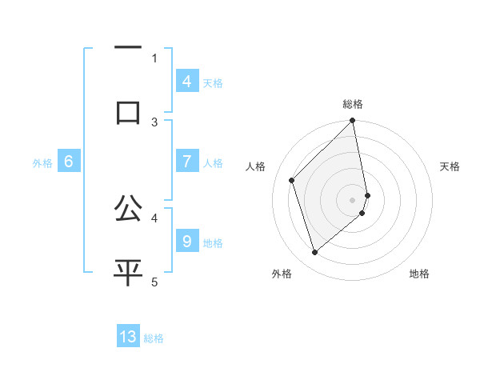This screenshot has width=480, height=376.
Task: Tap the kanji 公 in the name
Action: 128,210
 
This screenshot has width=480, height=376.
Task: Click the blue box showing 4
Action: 186,82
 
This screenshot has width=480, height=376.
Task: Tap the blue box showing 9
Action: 186,241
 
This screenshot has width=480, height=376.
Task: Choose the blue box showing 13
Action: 128,337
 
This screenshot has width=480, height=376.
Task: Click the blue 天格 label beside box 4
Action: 213,82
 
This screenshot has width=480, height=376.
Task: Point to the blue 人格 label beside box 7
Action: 213,163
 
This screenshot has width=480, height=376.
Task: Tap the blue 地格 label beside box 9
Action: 213,242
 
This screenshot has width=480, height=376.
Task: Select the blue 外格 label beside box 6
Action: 42,163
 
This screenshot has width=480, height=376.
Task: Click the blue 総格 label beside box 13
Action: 154,338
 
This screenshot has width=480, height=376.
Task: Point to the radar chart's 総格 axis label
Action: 353,104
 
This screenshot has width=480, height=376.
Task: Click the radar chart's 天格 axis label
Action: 450,166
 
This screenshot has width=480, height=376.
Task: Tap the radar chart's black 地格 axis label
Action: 419,274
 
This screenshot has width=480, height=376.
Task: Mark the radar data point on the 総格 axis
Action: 353,122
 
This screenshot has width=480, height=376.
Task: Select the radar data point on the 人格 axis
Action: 292,180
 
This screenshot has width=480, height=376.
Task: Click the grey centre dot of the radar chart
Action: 353,199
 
